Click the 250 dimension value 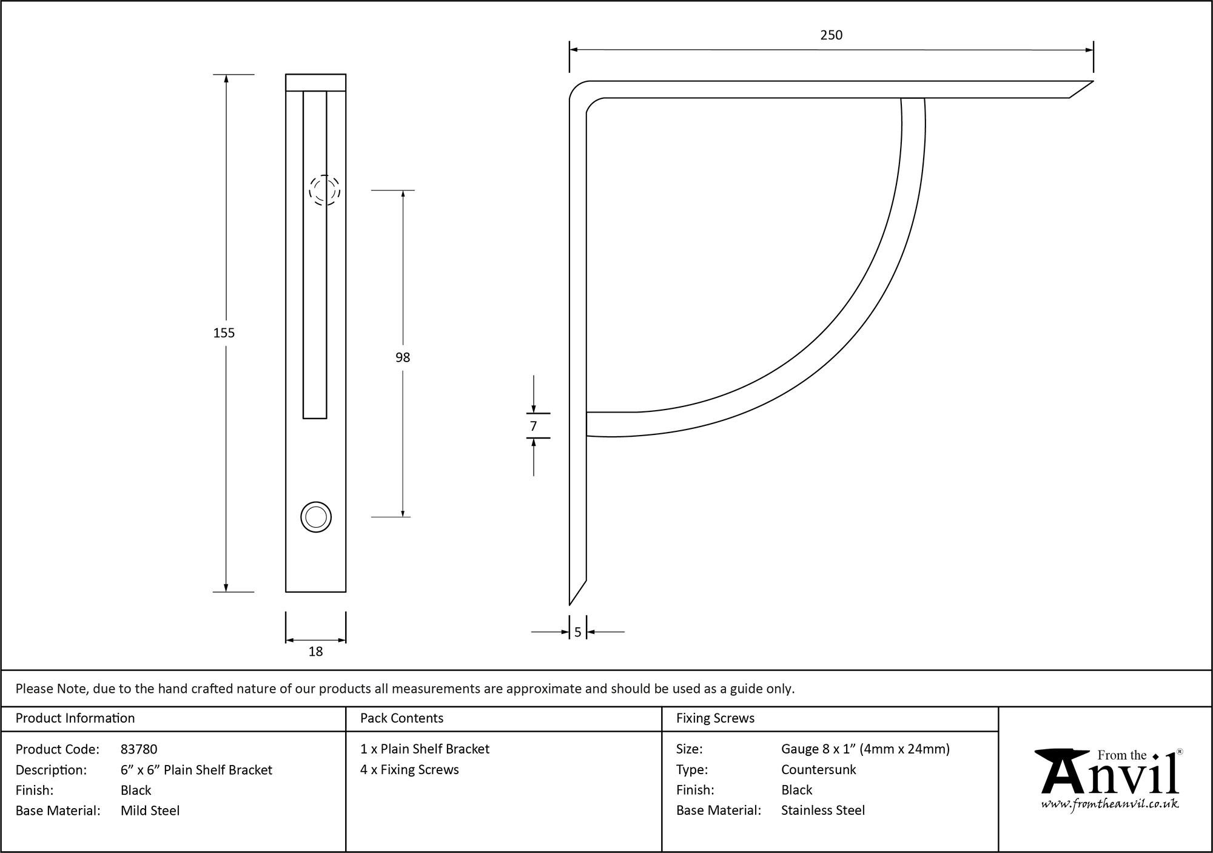(x=831, y=35)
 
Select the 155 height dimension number (x=224, y=332)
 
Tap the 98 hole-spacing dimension (x=403, y=357)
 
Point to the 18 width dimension (x=315, y=652)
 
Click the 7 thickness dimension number (x=533, y=426)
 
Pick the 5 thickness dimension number (x=577, y=632)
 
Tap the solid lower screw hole (x=316, y=518)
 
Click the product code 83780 (x=139, y=749)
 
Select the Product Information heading (x=75, y=718)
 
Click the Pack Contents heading (x=402, y=718)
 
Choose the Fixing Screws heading (x=715, y=718)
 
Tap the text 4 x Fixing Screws (x=409, y=770)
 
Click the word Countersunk (x=818, y=770)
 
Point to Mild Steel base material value (x=150, y=811)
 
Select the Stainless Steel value (x=823, y=811)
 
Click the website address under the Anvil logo (x=1110, y=803)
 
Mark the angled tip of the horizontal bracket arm (x=1093, y=81)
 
